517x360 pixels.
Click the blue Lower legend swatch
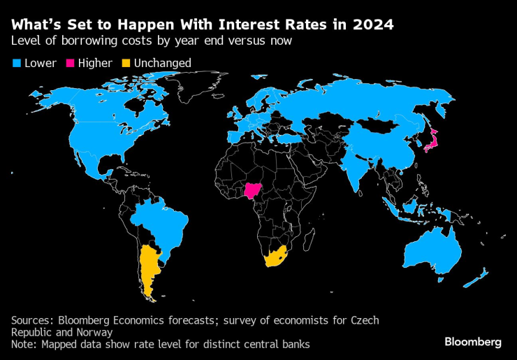17,64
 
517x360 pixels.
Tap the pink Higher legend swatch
71,64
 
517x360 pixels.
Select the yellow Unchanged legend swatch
126,64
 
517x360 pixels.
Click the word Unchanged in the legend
162,64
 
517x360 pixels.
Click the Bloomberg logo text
472,342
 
